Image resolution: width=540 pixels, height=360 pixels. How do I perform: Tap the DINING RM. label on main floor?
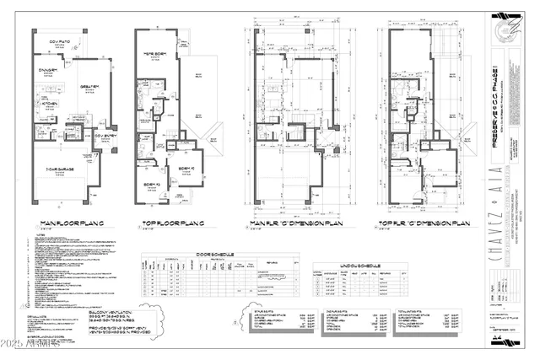click(48, 71)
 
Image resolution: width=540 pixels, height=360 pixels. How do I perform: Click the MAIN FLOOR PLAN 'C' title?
click(73, 223)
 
